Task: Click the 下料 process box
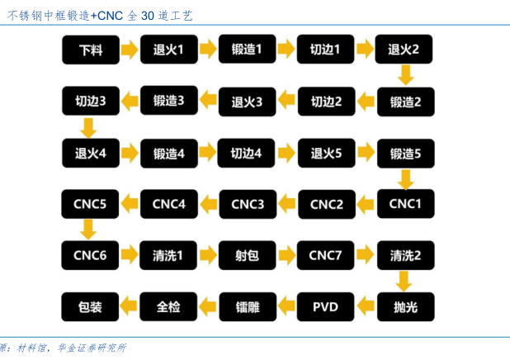[x=90, y=50]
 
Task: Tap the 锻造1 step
[x=247, y=50]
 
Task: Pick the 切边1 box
[x=325, y=50]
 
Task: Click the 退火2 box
[x=404, y=50]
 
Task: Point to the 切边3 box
[x=90, y=102]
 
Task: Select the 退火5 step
[x=325, y=153]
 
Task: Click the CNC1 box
[x=404, y=204]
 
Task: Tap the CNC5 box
[x=90, y=204]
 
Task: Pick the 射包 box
[x=247, y=255]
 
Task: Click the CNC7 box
[x=325, y=255]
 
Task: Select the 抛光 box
[x=404, y=307]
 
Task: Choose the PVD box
[x=325, y=307]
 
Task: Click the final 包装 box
[x=90, y=307]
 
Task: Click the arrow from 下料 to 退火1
[x=129, y=50]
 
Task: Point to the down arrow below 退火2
[x=404, y=76]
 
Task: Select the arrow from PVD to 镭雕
[x=286, y=307]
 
